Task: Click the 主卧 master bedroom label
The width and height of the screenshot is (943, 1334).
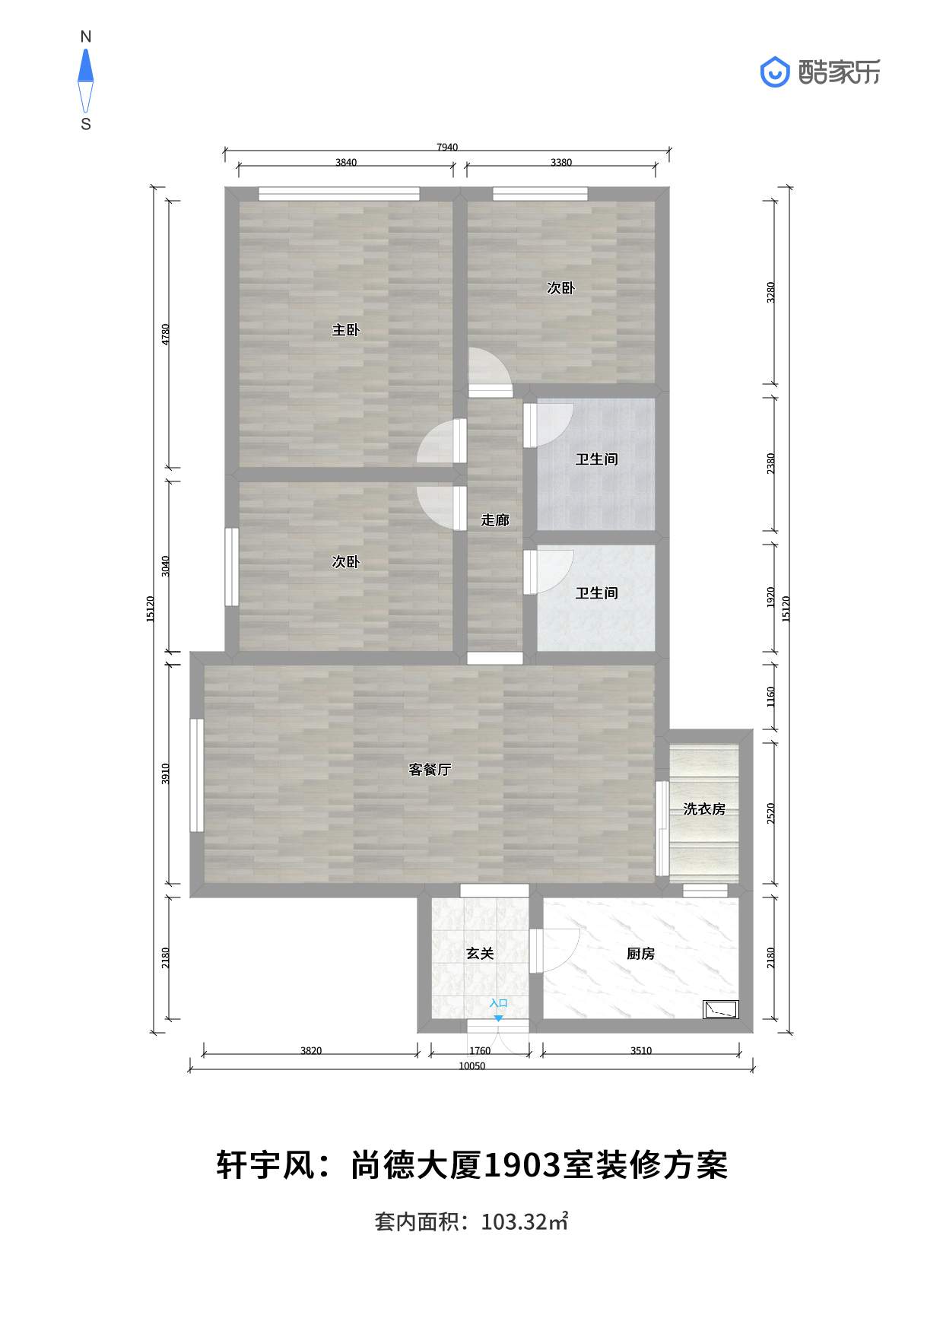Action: pyautogui.click(x=345, y=330)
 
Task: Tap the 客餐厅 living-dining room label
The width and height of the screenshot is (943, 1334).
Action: pyautogui.click(x=430, y=770)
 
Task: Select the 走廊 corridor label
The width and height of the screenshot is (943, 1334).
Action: pyautogui.click(x=495, y=520)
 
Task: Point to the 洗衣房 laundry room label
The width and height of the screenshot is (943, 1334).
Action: pyautogui.click(x=704, y=809)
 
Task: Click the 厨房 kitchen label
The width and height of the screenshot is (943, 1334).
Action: pyautogui.click(x=640, y=954)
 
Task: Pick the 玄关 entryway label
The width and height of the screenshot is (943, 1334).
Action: pyautogui.click(x=480, y=954)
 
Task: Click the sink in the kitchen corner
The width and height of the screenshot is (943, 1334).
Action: pyautogui.click(x=720, y=1009)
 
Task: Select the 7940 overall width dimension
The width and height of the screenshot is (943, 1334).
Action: pyautogui.click(x=447, y=148)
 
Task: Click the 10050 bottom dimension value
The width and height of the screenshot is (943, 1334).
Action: pyautogui.click(x=471, y=1066)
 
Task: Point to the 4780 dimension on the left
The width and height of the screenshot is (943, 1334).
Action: pyautogui.click(x=166, y=335)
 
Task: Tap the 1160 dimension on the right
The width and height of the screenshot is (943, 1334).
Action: pyautogui.click(x=771, y=697)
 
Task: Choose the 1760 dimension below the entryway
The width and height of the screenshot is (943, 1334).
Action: pyautogui.click(x=480, y=1051)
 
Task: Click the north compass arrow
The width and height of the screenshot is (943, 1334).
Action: pyautogui.click(x=86, y=65)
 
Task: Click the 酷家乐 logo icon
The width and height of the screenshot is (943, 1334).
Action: pyautogui.click(x=775, y=72)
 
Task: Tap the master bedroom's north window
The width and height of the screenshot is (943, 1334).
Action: pyautogui.click(x=339, y=194)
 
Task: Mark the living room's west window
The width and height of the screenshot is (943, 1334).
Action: pyautogui.click(x=196, y=775)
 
